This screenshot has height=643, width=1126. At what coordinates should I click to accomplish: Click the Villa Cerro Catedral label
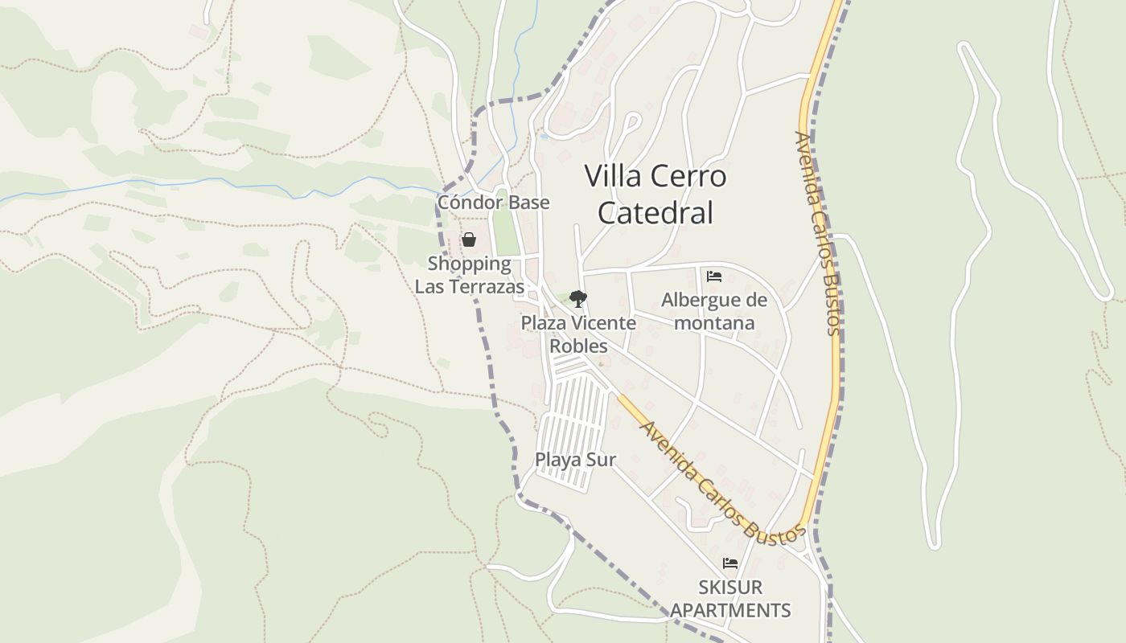(x=655, y=195)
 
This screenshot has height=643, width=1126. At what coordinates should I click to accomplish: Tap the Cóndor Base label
(x=493, y=202)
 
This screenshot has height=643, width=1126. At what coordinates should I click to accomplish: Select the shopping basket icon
(x=469, y=240)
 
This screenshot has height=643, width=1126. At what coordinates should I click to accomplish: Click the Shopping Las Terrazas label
(x=469, y=275)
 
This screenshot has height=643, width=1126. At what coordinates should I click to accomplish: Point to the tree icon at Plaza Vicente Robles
(x=577, y=299)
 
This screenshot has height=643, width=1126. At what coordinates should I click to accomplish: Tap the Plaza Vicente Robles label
(x=578, y=334)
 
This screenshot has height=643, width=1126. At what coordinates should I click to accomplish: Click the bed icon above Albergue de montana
(x=713, y=276)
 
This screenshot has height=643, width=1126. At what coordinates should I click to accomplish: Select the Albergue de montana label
(x=714, y=311)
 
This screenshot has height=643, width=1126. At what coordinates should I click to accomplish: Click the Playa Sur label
(x=575, y=460)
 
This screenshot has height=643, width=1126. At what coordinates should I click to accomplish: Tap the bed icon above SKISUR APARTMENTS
(x=729, y=563)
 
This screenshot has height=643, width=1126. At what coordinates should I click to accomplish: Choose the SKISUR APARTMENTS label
(x=730, y=599)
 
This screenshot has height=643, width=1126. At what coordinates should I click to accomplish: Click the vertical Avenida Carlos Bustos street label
(x=817, y=233)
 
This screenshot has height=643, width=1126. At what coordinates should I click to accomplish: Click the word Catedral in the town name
(x=655, y=213)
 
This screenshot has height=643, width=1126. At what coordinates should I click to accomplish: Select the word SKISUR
(x=730, y=588)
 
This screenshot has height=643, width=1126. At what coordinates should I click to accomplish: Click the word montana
(x=714, y=323)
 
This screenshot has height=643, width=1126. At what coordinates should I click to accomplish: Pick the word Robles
(x=578, y=346)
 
